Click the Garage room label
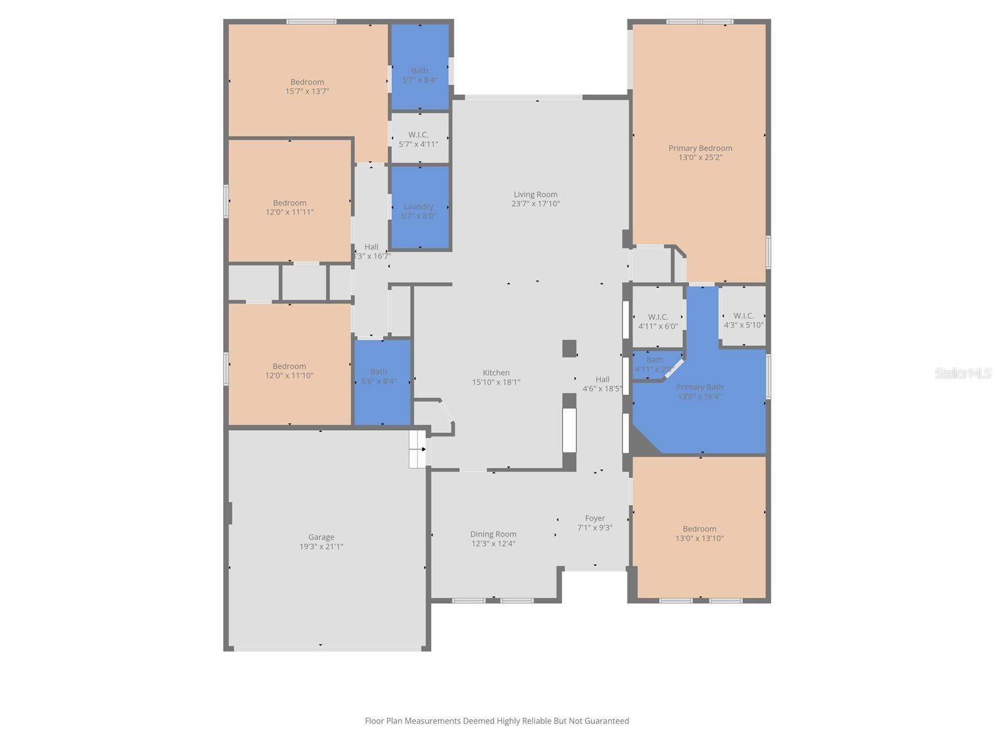tap(321, 537)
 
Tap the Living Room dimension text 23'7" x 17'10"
tap(536, 204)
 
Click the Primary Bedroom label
tap(700, 148)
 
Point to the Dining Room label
tap(493, 534)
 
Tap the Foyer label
tap(595, 518)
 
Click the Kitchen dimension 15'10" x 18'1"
tap(496, 382)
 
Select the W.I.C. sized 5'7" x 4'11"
tap(419, 139)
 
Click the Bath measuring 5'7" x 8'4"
tap(419, 75)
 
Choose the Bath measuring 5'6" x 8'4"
tap(379, 377)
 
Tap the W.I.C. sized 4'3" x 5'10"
tap(744, 320)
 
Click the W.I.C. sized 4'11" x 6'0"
tap(658, 321)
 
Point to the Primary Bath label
tap(700, 387)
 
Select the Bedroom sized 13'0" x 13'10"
tap(700, 533)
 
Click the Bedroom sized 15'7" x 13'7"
tap(307, 86)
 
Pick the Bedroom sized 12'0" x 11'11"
tap(290, 207)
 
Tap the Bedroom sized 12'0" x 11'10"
tap(290, 371)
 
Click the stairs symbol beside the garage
tap(417, 449)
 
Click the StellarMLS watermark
tap(963, 374)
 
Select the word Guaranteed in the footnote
tap(607, 721)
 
